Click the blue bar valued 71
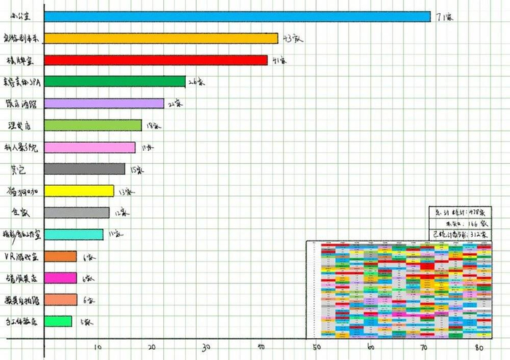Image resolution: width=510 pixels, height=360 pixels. (237, 16)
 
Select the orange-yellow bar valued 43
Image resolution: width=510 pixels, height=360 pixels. (161, 38)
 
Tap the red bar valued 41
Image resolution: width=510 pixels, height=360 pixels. (156, 60)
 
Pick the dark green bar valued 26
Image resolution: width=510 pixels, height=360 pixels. (115, 82)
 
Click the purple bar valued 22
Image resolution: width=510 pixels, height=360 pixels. (104, 103)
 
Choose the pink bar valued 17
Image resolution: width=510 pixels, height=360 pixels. (90, 147)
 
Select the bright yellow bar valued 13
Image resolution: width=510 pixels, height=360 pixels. (79, 191)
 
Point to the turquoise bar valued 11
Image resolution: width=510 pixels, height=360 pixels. (74, 234)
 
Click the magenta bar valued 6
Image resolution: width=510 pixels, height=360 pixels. (60, 278)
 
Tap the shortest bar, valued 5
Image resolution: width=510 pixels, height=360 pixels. (58, 321)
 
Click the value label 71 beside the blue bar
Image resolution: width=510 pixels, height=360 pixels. (444, 16)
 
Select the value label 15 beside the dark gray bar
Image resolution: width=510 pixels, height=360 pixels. (136, 169)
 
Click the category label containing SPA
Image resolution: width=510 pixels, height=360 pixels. (23, 82)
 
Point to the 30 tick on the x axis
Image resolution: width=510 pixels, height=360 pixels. (206, 347)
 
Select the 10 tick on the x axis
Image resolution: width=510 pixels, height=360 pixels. (98, 347)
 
